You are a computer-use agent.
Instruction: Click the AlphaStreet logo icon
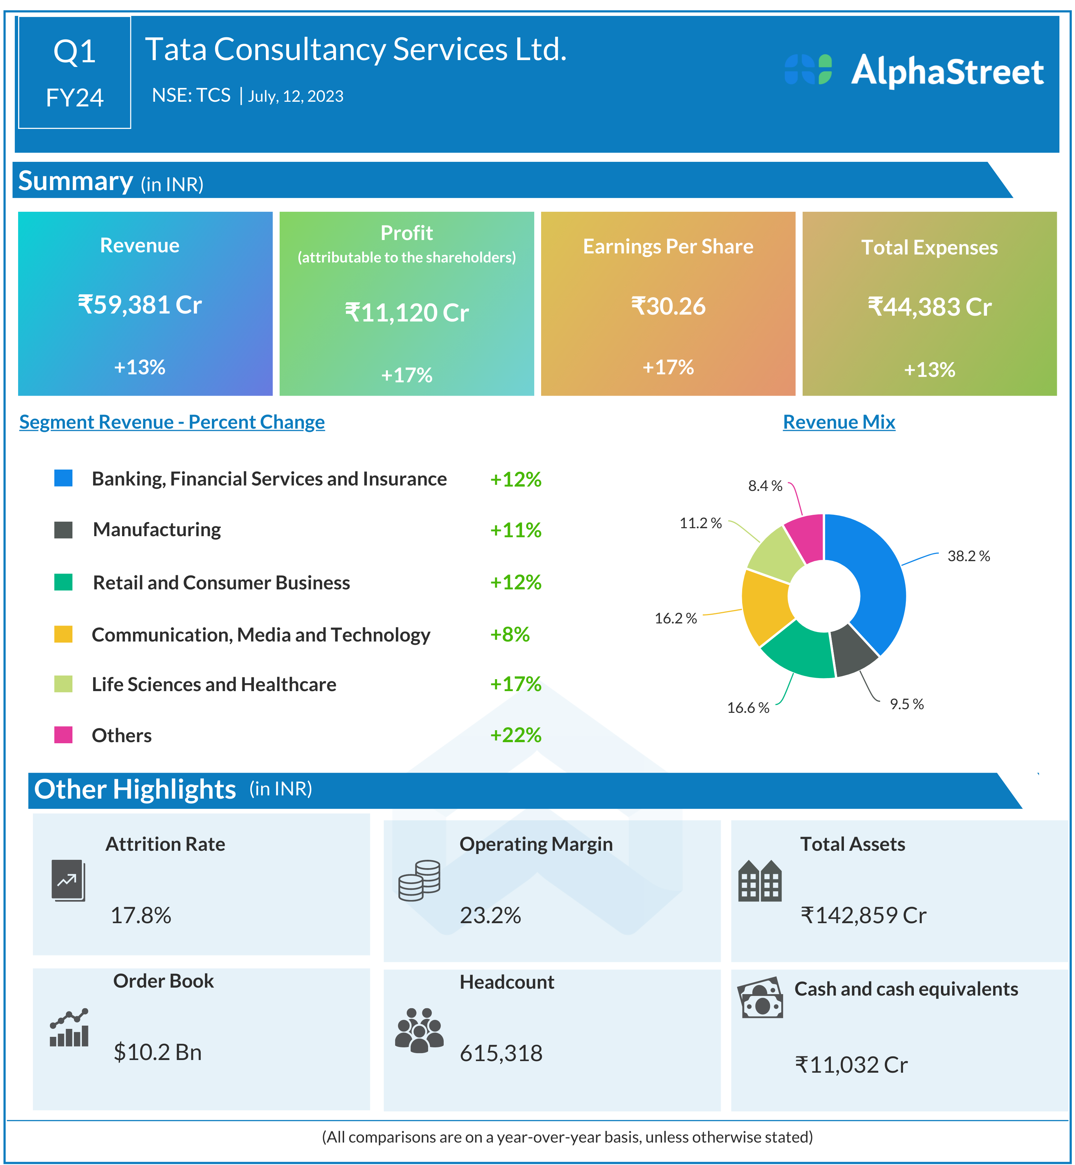click(808, 70)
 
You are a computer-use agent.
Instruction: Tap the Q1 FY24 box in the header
click(75, 73)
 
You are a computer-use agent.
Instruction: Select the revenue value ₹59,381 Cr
click(139, 304)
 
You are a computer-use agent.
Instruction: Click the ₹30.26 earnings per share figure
click(668, 306)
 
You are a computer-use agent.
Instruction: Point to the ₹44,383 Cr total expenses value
click(929, 307)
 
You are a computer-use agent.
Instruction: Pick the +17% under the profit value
click(407, 375)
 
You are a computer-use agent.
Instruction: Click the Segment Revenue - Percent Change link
click(172, 422)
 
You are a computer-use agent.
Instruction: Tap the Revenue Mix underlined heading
click(839, 422)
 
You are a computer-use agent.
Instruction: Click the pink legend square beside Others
click(63, 735)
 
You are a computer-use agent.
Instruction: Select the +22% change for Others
click(515, 735)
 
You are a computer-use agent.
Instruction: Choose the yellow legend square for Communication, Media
click(63, 634)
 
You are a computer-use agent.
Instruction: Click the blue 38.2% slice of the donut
click(878, 581)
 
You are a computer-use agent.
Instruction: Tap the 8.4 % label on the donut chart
click(765, 486)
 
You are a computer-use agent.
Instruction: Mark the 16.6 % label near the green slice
click(748, 707)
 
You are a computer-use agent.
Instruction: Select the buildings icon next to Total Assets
click(760, 881)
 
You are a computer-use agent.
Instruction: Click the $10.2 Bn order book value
click(158, 1052)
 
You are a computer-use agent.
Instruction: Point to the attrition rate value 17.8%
click(141, 916)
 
